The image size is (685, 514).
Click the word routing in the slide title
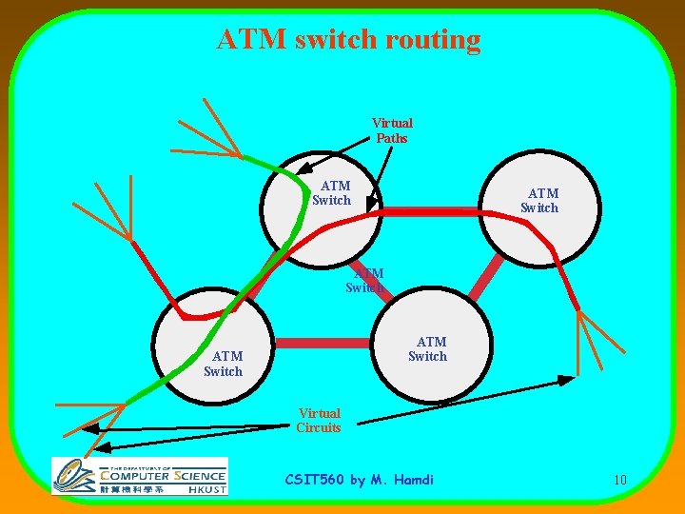tap(433, 40)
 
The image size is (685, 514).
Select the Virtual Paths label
tap(392, 130)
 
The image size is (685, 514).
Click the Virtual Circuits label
tap(319, 421)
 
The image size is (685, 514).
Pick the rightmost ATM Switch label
tap(539, 201)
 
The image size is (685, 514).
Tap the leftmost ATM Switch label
tap(223, 364)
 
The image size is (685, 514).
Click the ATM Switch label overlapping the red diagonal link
tap(365, 280)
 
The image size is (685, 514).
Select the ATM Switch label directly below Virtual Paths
tap(332, 193)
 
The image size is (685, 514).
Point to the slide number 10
tap(619, 480)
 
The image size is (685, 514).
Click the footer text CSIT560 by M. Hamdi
tap(360, 480)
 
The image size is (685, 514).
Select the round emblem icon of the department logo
tap(74, 474)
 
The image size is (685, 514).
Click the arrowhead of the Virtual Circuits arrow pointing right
tap(567, 380)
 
